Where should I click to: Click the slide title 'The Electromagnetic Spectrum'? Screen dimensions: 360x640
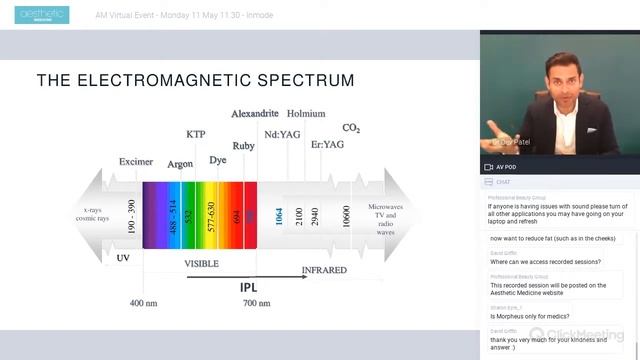[195, 80]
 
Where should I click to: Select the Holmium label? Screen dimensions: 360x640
[306, 114]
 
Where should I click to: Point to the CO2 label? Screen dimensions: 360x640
[351, 128]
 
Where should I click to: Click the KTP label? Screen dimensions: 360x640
[197, 134]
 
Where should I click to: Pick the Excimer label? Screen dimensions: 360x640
[136, 161]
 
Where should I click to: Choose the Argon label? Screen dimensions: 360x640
[180, 163]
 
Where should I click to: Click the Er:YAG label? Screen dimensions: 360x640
[327, 145]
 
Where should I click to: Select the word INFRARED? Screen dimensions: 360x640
[325, 270]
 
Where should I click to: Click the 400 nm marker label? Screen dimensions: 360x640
[143, 301]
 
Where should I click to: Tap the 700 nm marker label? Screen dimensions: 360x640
[259, 301]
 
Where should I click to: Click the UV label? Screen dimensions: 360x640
[123, 257]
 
